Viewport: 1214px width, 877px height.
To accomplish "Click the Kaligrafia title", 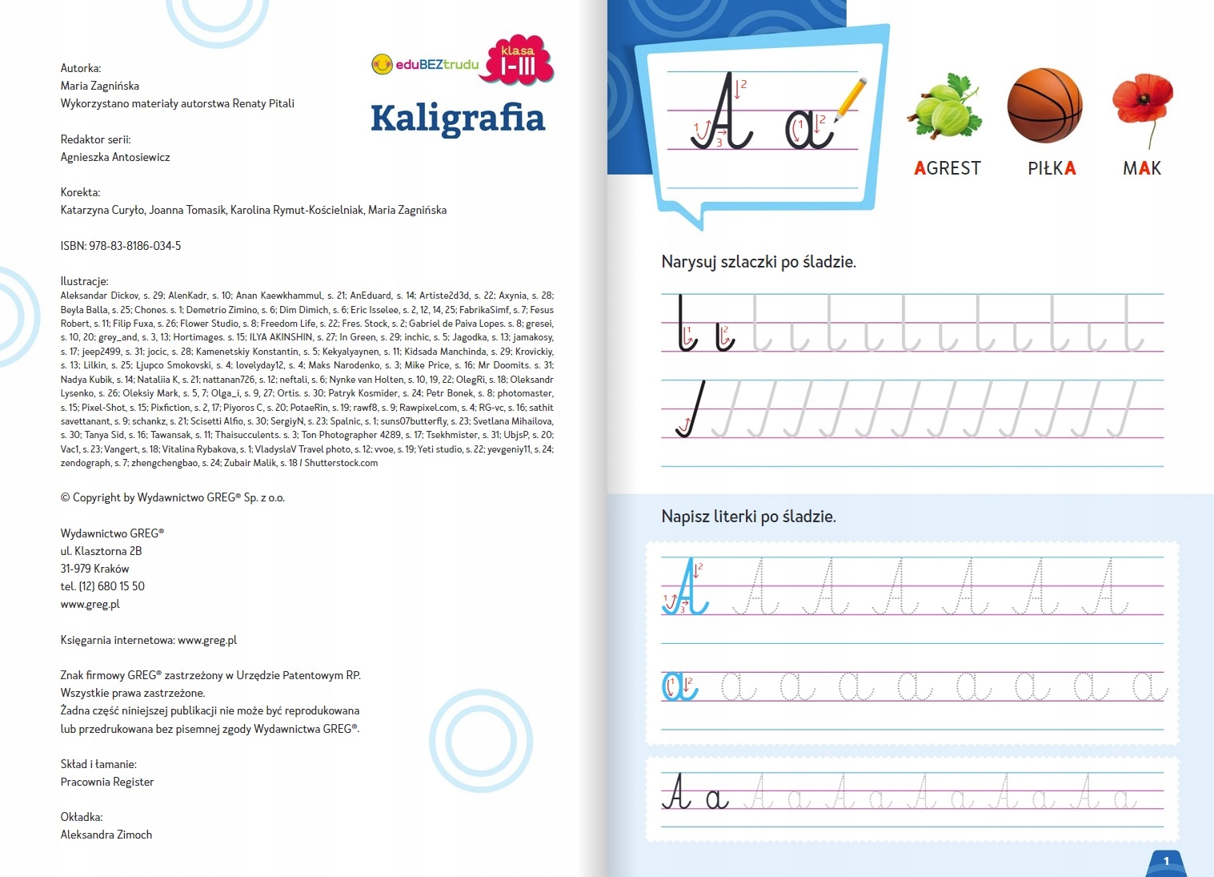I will tap(457, 119).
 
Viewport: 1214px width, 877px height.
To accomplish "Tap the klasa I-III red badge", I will tap(517, 61).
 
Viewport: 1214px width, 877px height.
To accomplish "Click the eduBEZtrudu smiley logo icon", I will tap(382, 64).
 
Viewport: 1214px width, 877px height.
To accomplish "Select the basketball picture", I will tap(1044, 105).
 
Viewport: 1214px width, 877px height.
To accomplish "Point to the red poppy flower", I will tap(1142, 99).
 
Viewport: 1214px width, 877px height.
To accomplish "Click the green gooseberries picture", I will tap(945, 108).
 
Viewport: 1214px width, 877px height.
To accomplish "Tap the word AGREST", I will tap(948, 168).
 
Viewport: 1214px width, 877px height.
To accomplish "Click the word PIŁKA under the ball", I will tap(1052, 168).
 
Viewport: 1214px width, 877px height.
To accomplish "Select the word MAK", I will tap(1141, 168).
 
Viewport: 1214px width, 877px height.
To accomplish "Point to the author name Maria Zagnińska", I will tap(100, 86).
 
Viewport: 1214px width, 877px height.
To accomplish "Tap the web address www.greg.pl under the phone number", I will tap(90, 604).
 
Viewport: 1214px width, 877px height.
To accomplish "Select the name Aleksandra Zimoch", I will tap(106, 835).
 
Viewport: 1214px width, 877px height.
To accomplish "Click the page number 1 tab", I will tap(1166, 862).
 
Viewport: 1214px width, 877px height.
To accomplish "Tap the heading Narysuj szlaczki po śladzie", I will tap(759, 262).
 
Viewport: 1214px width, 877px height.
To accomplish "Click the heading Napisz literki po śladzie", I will tap(748, 517).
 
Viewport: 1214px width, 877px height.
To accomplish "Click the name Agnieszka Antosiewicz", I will tap(115, 157).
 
